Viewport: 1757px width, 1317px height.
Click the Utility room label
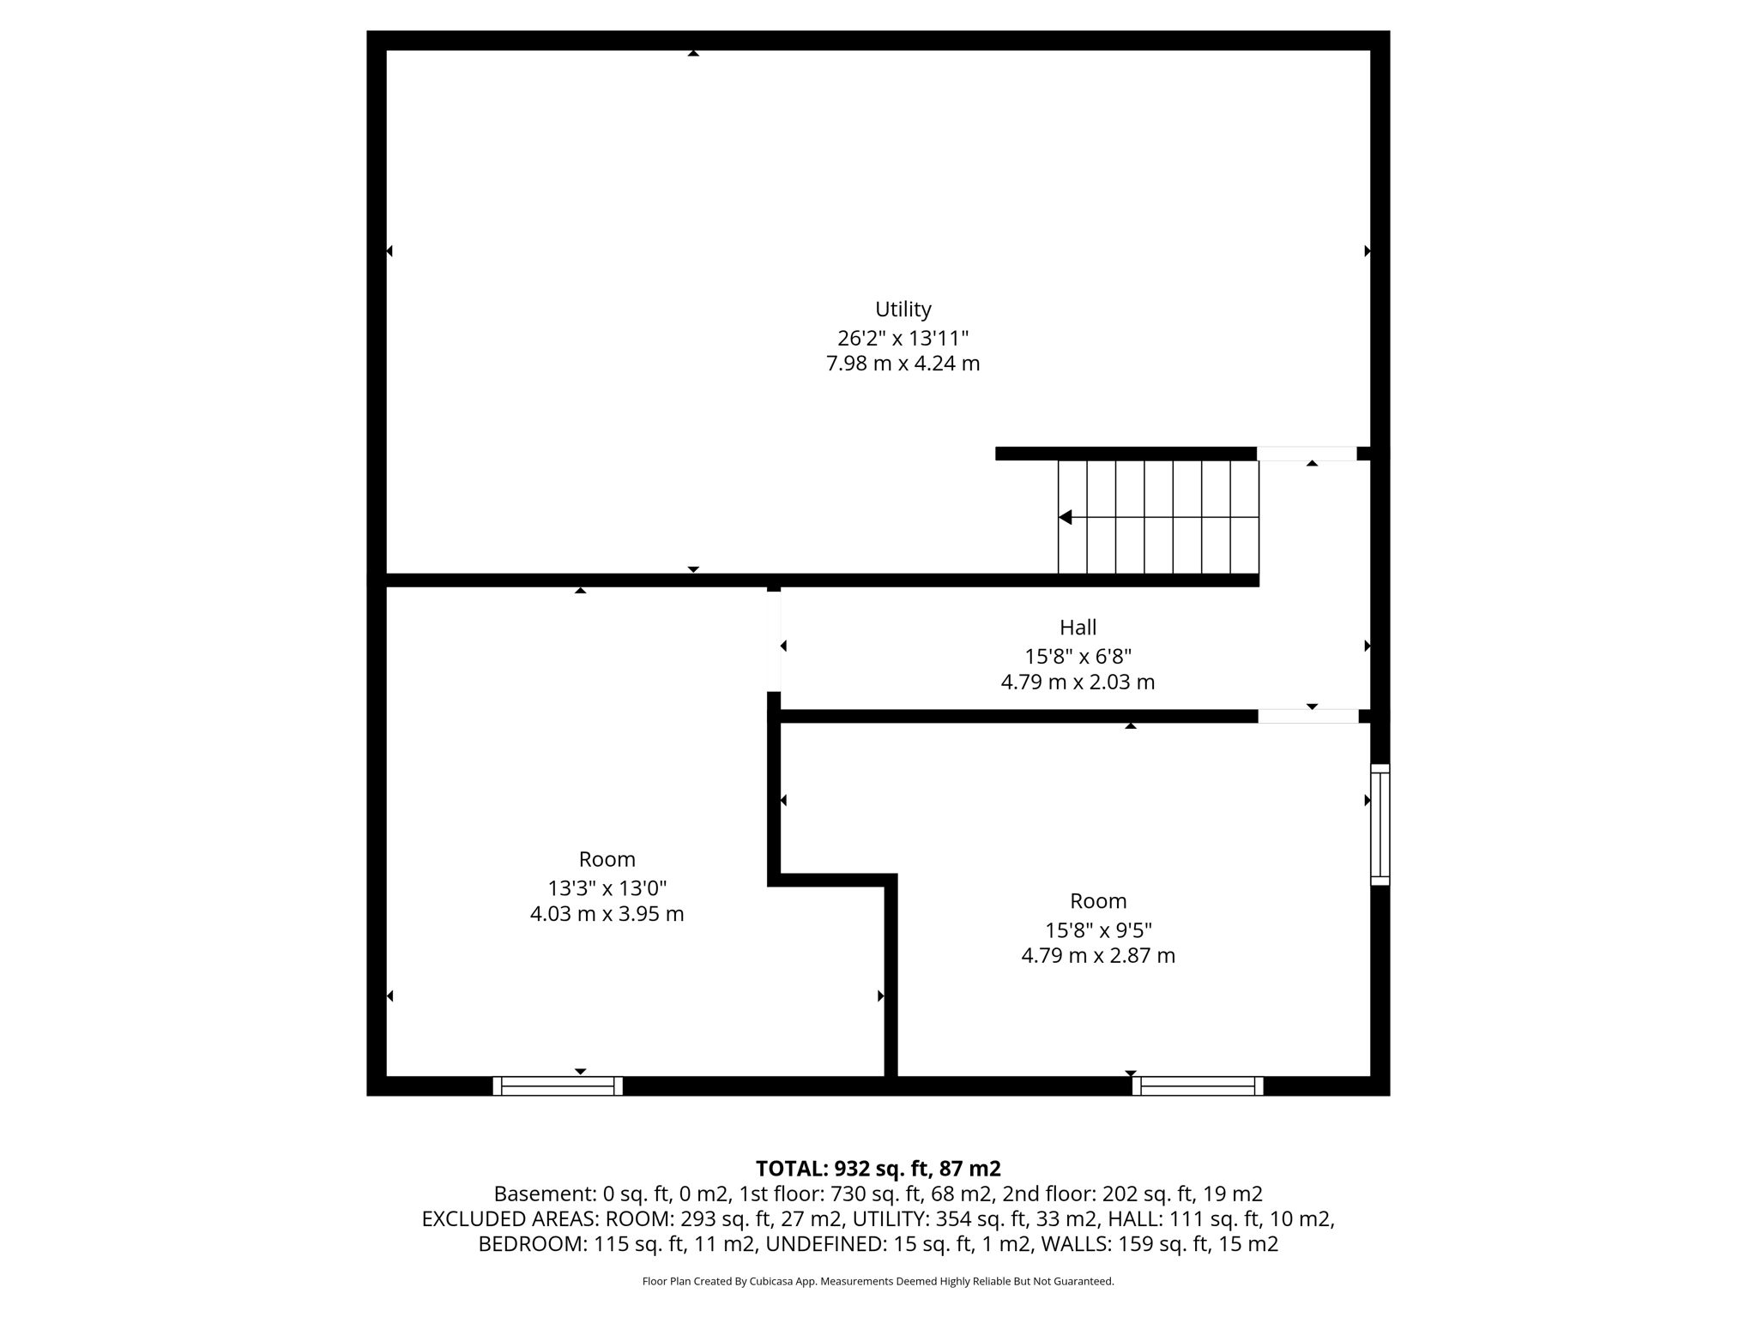[903, 309]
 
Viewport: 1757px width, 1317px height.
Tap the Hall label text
[1078, 628]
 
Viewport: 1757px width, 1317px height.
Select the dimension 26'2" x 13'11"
[903, 338]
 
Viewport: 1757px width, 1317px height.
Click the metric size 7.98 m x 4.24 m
[903, 364]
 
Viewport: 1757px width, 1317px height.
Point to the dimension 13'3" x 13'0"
[607, 887]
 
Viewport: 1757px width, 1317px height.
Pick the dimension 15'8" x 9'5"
[1098, 929]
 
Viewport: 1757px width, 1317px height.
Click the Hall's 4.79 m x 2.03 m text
[1078, 683]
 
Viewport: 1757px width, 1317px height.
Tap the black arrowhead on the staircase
[1066, 517]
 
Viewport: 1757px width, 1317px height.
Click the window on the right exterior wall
[1380, 824]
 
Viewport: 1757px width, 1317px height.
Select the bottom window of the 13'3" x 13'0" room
[558, 1086]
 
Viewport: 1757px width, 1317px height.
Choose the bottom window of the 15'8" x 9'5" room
[1198, 1086]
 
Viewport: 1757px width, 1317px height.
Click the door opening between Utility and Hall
[1307, 454]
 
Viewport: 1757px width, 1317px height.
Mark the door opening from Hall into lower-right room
[1308, 716]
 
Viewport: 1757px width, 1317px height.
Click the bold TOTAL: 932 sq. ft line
[878, 1169]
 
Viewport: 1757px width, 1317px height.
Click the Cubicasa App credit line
[878, 1282]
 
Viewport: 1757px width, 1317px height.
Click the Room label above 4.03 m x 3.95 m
[607, 859]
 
